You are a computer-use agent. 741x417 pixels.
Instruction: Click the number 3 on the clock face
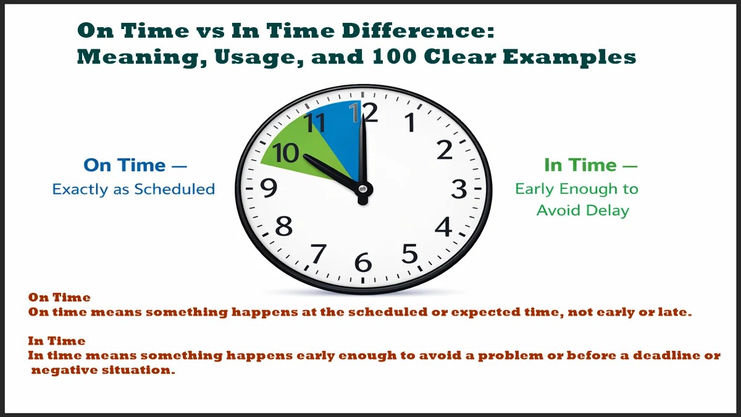[458, 190]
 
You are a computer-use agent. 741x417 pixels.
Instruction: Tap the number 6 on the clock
[363, 263]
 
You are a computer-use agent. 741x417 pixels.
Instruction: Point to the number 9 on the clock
[269, 188]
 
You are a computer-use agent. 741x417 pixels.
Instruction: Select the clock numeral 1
[409, 124]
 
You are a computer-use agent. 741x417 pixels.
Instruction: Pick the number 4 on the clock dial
[443, 228]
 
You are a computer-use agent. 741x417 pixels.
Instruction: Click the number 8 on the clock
[283, 227]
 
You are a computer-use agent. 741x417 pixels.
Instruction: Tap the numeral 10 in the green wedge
[287, 153]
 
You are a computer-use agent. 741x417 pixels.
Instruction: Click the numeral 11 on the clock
[316, 123]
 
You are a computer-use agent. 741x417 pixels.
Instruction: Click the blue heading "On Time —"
[135, 166]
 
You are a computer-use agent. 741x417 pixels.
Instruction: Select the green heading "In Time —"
[590, 166]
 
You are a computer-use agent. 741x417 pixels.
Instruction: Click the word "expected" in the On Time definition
[484, 313]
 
